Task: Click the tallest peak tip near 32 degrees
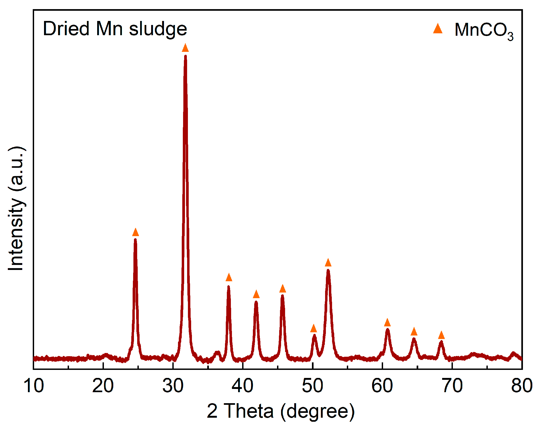coord(185,56)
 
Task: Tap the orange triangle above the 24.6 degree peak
coord(136,232)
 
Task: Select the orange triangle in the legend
coord(438,28)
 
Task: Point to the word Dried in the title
coord(66,28)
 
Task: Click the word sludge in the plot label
coord(158,29)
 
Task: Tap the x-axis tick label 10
coord(34,386)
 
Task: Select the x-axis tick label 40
coord(242,386)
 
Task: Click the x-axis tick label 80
coord(522,386)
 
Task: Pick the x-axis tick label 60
coord(382,386)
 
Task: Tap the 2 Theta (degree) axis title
coord(281,411)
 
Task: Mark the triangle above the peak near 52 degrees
coord(328,263)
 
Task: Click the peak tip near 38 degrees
coord(228,287)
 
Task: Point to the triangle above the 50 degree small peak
coord(314,329)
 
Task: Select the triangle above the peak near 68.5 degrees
coord(441,335)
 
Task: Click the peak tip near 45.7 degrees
coord(282,296)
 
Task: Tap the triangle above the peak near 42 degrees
coord(256,294)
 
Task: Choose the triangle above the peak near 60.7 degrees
coord(387,323)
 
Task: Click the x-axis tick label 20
coord(103,386)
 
